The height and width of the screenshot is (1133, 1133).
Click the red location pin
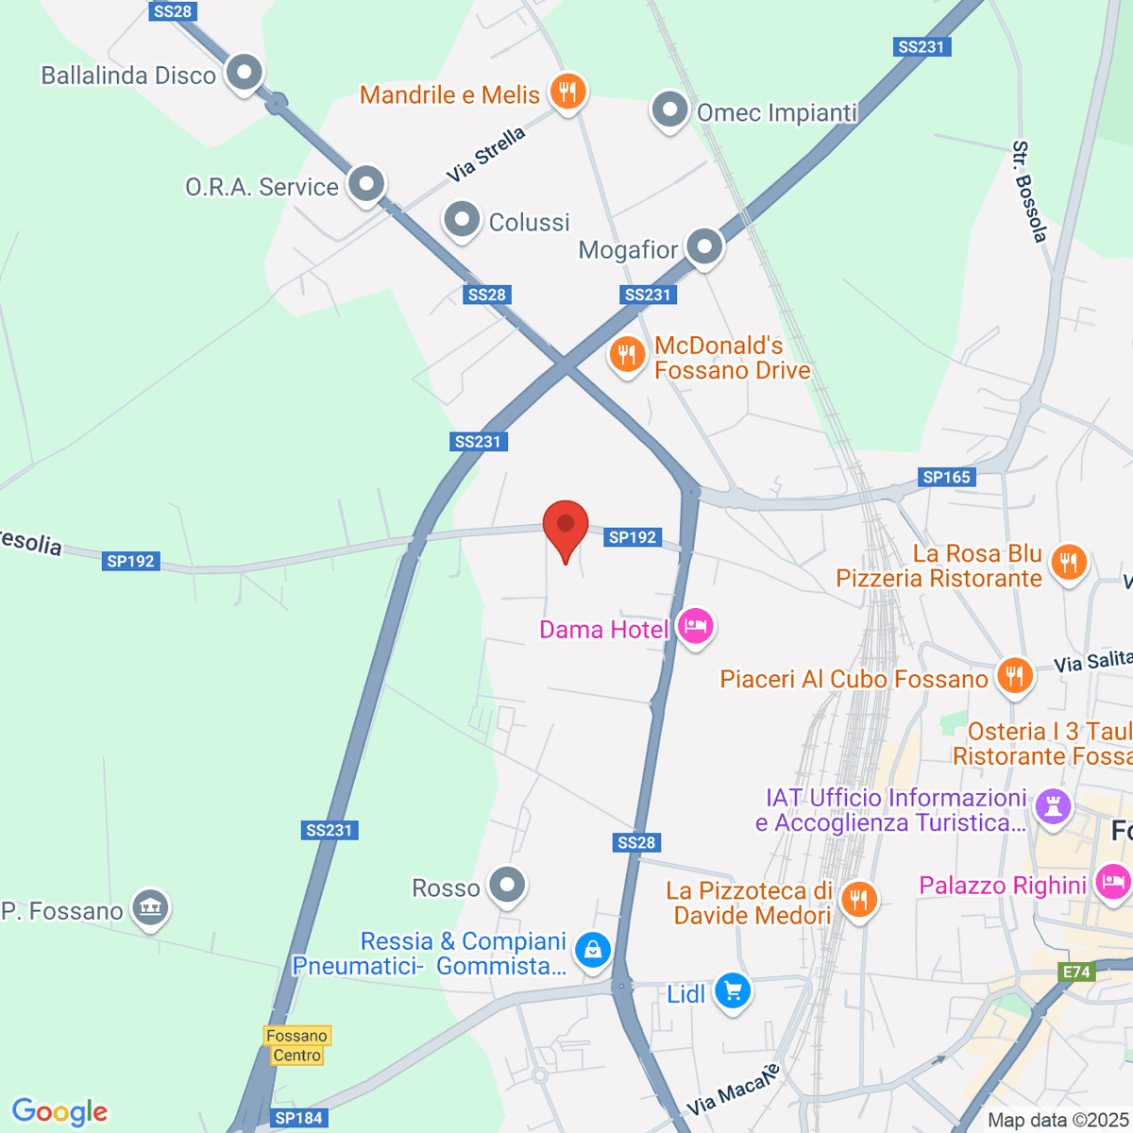pos(566,526)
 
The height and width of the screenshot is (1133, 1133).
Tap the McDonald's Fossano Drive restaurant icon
pos(626,356)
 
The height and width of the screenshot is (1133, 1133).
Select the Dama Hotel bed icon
pos(696,626)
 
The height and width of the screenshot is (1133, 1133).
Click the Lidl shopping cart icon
pos(733,990)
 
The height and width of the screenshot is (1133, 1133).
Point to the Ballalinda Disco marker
pos(245,72)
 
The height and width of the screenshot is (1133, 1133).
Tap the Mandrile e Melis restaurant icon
pos(566,92)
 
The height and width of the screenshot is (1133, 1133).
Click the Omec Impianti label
pos(776,113)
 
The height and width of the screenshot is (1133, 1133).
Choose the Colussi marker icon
pos(462,220)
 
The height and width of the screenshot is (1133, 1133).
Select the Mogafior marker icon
pos(704,247)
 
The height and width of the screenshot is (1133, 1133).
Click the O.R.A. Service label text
pos(262,187)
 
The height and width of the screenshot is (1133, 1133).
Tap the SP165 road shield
pos(947,477)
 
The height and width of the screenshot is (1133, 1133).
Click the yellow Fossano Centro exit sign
pos(296,1045)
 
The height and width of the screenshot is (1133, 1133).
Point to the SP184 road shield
pos(298,1118)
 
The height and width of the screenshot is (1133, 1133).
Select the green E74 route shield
pos(1076,972)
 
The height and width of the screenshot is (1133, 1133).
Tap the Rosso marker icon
pos(508,886)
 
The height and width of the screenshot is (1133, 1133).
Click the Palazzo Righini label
pos(1003,886)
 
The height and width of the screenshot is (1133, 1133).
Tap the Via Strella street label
pos(486,155)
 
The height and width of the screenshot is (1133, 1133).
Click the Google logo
pos(59,1112)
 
